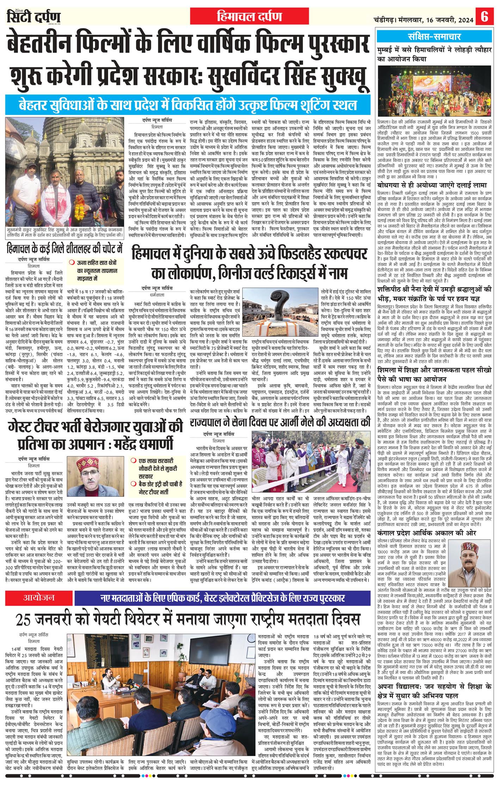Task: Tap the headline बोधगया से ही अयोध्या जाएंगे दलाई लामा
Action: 431,184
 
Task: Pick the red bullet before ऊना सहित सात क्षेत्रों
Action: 72,262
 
